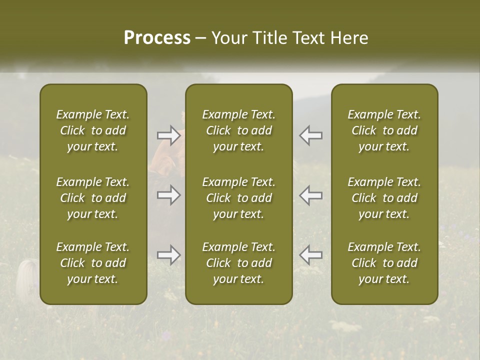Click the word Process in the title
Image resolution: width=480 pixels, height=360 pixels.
coord(157,38)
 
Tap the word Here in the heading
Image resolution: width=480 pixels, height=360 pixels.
coord(349,38)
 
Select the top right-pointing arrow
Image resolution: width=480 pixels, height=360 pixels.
coord(169,135)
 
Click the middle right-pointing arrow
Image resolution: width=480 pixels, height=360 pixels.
coord(169,195)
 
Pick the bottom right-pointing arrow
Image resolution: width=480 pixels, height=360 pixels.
coord(169,255)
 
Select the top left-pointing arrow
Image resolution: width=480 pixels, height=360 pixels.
coord(310,135)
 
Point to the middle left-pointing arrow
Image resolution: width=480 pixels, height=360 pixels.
coord(310,195)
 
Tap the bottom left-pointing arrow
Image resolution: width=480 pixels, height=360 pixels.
coord(310,255)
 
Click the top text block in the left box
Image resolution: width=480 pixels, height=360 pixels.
coord(93,130)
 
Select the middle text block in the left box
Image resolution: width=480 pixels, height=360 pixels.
coord(93,198)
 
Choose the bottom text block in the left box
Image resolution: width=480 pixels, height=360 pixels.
coord(93,263)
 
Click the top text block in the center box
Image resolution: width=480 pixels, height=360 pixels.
coord(239,130)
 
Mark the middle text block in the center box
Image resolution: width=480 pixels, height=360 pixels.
coord(239,198)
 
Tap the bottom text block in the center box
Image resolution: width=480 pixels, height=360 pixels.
coord(239,263)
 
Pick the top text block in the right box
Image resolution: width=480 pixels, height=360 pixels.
coord(384,130)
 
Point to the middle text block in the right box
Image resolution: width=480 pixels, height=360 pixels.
coord(384,198)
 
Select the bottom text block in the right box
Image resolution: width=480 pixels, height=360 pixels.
coord(384,263)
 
